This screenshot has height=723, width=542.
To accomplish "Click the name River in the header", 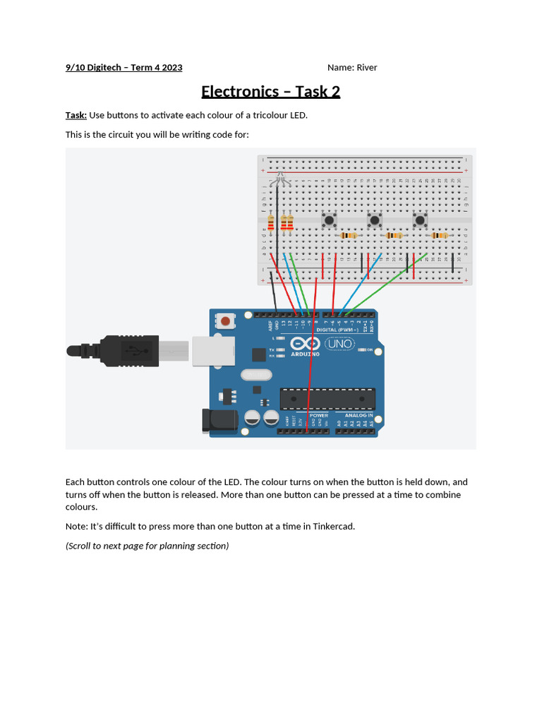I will (x=366, y=68).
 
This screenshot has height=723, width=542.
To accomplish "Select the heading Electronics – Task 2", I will (x=271, y=91).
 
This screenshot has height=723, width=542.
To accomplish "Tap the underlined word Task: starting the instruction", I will (x=76, y=115).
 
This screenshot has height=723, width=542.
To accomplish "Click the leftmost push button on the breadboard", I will (x=328, y=220).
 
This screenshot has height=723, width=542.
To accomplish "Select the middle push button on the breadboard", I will (x=374, y=220).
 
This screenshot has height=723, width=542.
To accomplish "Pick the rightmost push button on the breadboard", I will (x=421, y=220).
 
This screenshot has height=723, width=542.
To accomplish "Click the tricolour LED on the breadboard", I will (x=279, y=181).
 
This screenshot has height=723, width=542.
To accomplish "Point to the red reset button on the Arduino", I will (x=225, y=321).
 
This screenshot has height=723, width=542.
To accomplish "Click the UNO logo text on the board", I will (x=340, y=344).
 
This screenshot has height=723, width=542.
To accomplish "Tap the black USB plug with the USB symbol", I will (x=127, y=349).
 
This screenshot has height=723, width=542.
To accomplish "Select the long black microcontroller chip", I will (x=327, y=399).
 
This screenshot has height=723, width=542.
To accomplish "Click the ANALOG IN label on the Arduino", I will (x=359, y=415).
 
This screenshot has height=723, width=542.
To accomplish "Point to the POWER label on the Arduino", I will (x=318, y=415).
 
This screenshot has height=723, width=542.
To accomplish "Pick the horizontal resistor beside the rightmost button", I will (x=440, y=236).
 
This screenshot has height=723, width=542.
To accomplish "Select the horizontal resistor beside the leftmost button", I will (x=349, y=236).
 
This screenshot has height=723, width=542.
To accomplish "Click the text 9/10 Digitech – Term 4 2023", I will (x=124, y=68).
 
